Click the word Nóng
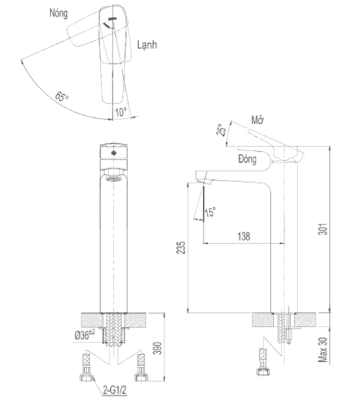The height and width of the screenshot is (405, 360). point(58,13)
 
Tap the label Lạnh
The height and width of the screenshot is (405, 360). point(147,45)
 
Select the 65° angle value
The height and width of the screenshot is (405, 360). point(62,96)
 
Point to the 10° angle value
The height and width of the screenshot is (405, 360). point(121,112)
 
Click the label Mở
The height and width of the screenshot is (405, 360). point(258,120)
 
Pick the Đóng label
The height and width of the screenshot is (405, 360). point(248,159)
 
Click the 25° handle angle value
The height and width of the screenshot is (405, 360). point(221,130)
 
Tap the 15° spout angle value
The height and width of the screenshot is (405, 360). point(210,212)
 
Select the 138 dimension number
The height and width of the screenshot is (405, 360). point(243,237)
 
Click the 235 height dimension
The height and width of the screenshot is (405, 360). point(181,247)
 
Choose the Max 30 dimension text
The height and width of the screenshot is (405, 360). point(323,350)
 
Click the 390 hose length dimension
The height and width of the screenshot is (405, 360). point(158,348)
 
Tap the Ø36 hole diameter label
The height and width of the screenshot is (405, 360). point(85,335)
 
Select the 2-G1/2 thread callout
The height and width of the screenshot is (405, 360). point(114,390)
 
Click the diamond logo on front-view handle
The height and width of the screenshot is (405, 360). point(114,153)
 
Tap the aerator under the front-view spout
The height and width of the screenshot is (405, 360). point(114,178)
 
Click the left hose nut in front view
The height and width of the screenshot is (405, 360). point(86,378)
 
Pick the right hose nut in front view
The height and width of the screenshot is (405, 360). point(141,378)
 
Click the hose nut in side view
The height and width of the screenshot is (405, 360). point(263,372)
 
